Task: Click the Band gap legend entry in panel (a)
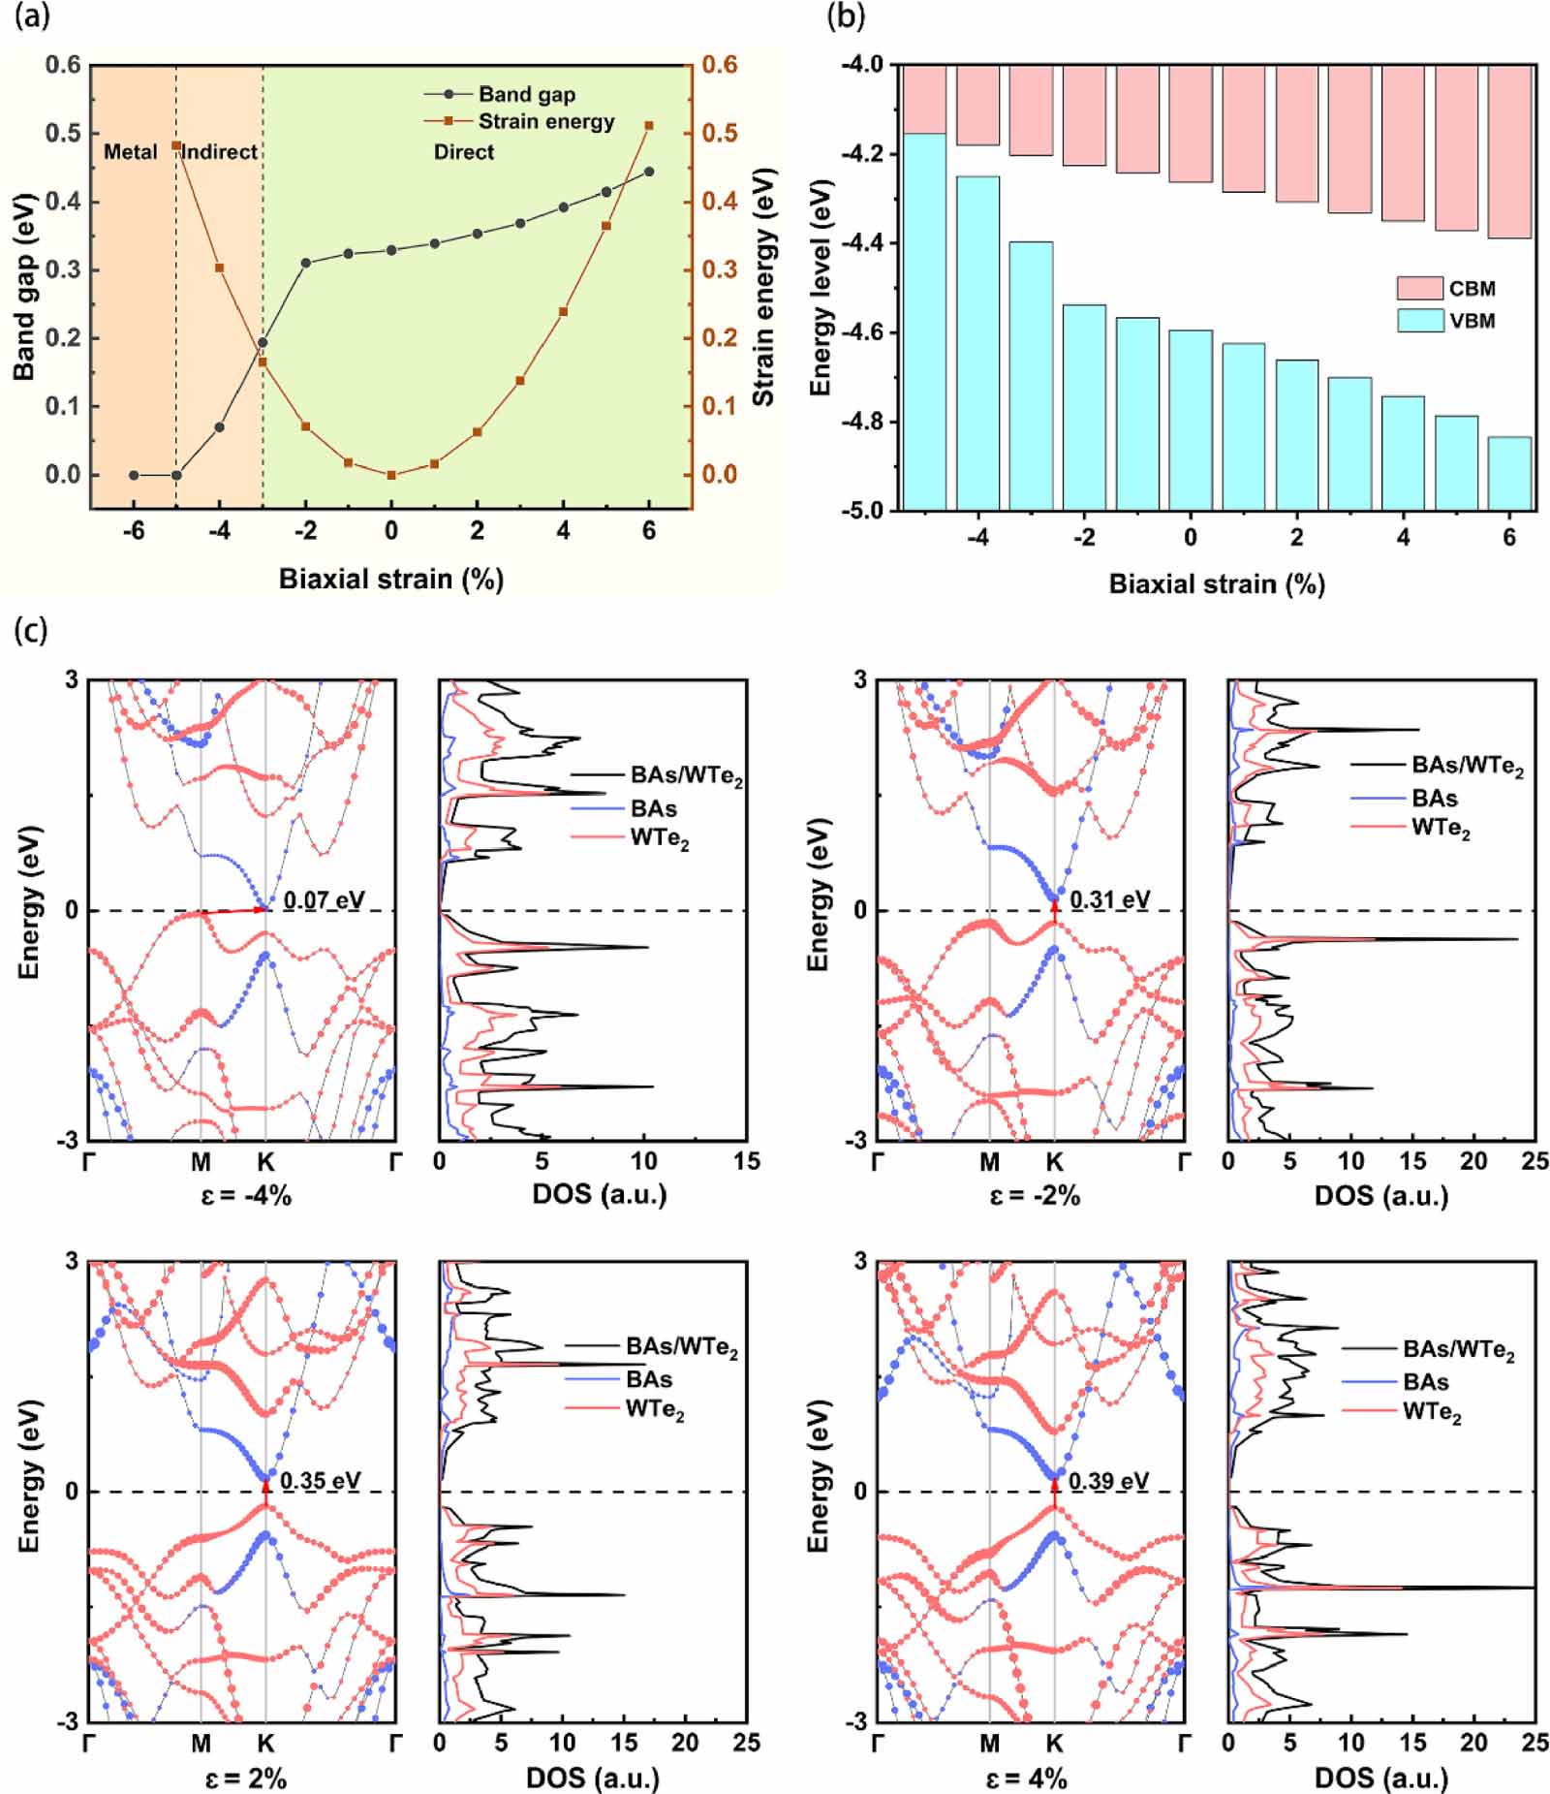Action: [526, 94]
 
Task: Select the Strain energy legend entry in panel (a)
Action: [545, 121]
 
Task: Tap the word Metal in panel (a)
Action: [130, 152]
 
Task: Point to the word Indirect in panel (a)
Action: [220, 152]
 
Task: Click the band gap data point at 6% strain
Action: [649, 172]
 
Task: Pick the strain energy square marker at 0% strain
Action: [391, 475]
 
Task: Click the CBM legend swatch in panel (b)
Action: [1420, 288]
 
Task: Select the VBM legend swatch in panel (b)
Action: [1420, 321]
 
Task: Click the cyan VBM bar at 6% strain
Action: [1509, 472]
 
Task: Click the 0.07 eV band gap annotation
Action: [324, 900]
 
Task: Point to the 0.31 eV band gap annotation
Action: [1109, 900]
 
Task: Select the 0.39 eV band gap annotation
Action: [1108, 1481]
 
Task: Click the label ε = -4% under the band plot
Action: [246, 1195]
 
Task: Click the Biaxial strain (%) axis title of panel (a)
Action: [390, 580]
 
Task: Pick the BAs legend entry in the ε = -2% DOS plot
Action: [1434, 799]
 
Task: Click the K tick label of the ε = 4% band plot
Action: [1054, 1744]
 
